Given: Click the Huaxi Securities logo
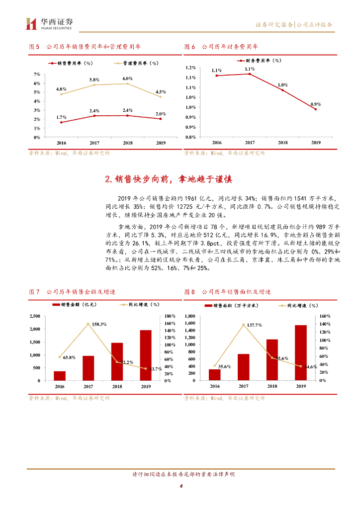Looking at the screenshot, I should [49, 23].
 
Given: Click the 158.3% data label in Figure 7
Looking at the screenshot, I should [100, 324].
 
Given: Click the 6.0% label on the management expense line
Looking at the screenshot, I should [128, 79].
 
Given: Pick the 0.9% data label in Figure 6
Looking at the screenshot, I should [315, 104].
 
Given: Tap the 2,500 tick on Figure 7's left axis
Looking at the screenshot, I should [35, 316].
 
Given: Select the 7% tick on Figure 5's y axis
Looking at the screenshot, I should [36, 75].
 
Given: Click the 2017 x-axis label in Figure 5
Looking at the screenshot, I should [94, 143].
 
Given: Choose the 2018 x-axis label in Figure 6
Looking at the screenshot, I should [282, 143].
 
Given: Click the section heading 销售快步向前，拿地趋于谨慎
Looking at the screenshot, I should [169, 179].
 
